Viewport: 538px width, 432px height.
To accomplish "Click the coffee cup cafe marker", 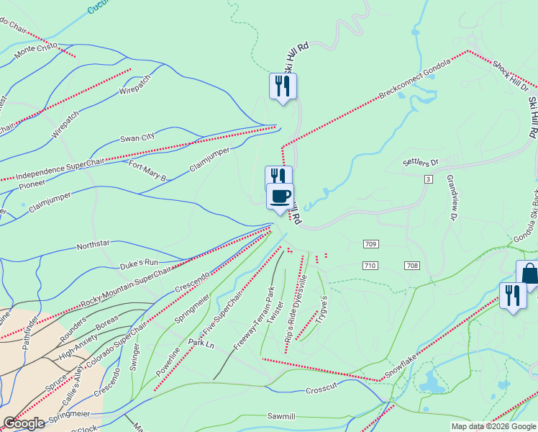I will (280, 196).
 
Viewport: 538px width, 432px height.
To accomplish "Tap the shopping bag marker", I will (529, 274).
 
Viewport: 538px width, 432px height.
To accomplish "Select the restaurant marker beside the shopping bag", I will (512, 295).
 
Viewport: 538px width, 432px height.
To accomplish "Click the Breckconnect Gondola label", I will (414, 79).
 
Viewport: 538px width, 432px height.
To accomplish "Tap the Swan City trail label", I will (137, 138).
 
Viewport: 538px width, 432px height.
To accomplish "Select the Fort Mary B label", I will (147, 172).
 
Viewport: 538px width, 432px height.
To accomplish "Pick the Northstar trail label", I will (93, 246).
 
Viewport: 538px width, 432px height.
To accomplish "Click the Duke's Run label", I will (139, 263).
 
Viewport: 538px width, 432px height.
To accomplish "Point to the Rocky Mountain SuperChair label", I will (127, 285).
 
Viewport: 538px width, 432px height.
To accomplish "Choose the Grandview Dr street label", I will (452, 197).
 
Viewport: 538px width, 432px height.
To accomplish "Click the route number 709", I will (370, 245).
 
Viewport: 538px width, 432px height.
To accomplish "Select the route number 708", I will (411, 266).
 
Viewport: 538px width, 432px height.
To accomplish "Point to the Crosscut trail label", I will (321, 390).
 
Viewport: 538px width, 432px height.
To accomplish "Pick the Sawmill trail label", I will (281, 416).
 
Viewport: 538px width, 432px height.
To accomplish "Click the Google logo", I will (24, 424).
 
